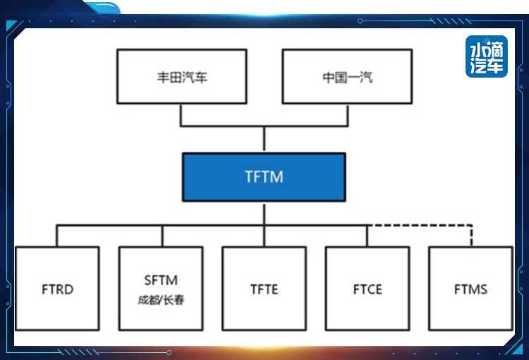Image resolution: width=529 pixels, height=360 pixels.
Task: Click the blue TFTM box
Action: tap(264, 177)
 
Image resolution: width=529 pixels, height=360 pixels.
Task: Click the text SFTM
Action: tap(161, 280)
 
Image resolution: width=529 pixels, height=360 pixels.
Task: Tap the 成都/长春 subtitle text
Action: tap(161, 299)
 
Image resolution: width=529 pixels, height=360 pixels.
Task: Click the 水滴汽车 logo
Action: tap(487, 56)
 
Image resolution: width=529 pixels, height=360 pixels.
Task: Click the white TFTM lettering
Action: tap(264, 176)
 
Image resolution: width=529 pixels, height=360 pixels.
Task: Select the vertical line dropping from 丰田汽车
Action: tap(181, 115)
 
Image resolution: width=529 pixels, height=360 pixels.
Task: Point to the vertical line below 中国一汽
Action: tap(348, 115)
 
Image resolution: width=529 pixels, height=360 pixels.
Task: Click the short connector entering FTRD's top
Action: tap(56, 236)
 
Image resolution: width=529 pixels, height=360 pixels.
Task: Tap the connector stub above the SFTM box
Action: tap(162, 236)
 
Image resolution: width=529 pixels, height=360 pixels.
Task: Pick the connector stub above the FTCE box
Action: tap(367, 236)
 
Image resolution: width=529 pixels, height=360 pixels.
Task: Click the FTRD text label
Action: tap(57, 289)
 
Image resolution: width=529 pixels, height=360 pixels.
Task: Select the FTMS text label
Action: tap(470, 289)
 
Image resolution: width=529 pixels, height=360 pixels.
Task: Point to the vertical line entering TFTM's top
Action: tap(264, 139)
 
